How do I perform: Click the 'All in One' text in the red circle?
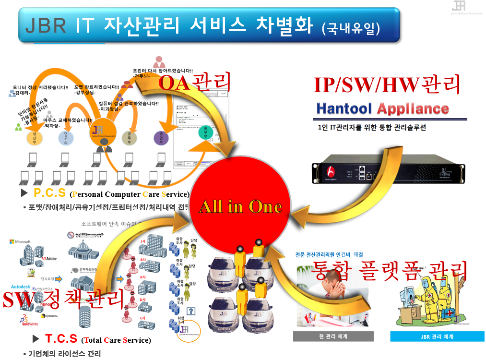click(240, 207)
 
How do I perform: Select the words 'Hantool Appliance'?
click(382, 108)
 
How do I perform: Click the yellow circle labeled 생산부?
click(34, 138)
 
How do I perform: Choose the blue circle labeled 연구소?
click(65, 138)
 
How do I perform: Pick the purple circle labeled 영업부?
click(161, 138)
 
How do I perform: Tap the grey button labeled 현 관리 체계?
click(326, 336)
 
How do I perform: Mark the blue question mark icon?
click(191, 311)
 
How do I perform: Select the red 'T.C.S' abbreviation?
click(61, 339)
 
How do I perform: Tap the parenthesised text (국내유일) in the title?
click(351, 27)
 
